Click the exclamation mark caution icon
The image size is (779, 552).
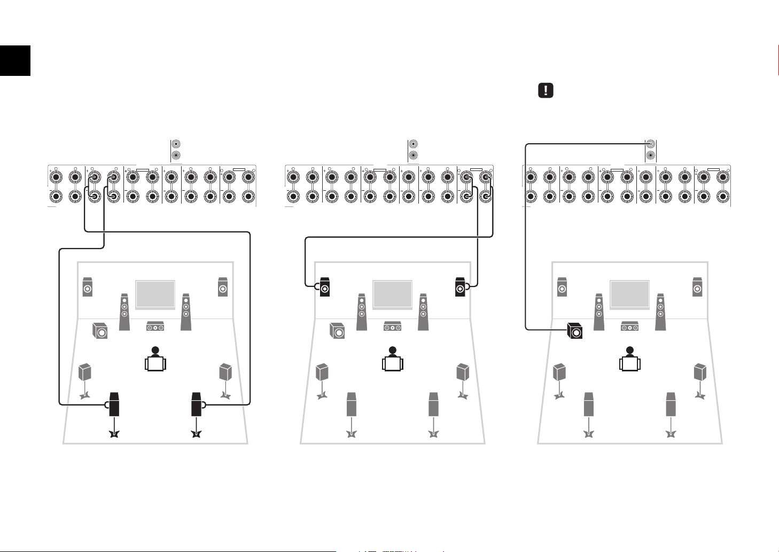click(545, 90)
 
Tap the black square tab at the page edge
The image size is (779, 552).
click(15, 60)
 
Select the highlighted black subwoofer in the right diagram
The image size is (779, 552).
click(574, 331)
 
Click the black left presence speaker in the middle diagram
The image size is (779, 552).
click(325, 287)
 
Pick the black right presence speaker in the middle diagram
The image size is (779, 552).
click(459, 287)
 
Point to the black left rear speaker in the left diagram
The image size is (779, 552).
click(114, 405)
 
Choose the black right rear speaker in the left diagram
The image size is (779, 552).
click(196, 405)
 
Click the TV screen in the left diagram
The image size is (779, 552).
click(155, 294)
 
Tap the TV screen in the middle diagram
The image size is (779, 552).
click(393, 294)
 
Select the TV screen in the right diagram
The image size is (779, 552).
click(630, 294)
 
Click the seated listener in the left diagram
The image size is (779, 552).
click(155, 360)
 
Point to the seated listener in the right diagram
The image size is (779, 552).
click(630, 360)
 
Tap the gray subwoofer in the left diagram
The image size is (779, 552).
click(99, 331)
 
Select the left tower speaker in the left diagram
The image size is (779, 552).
click(124, 312)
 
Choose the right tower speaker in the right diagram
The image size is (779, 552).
click(660, 312)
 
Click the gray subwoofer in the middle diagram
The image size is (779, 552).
click(337, 331)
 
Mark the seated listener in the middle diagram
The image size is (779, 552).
click(393, 360)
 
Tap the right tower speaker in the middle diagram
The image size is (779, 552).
click(423, 312)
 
